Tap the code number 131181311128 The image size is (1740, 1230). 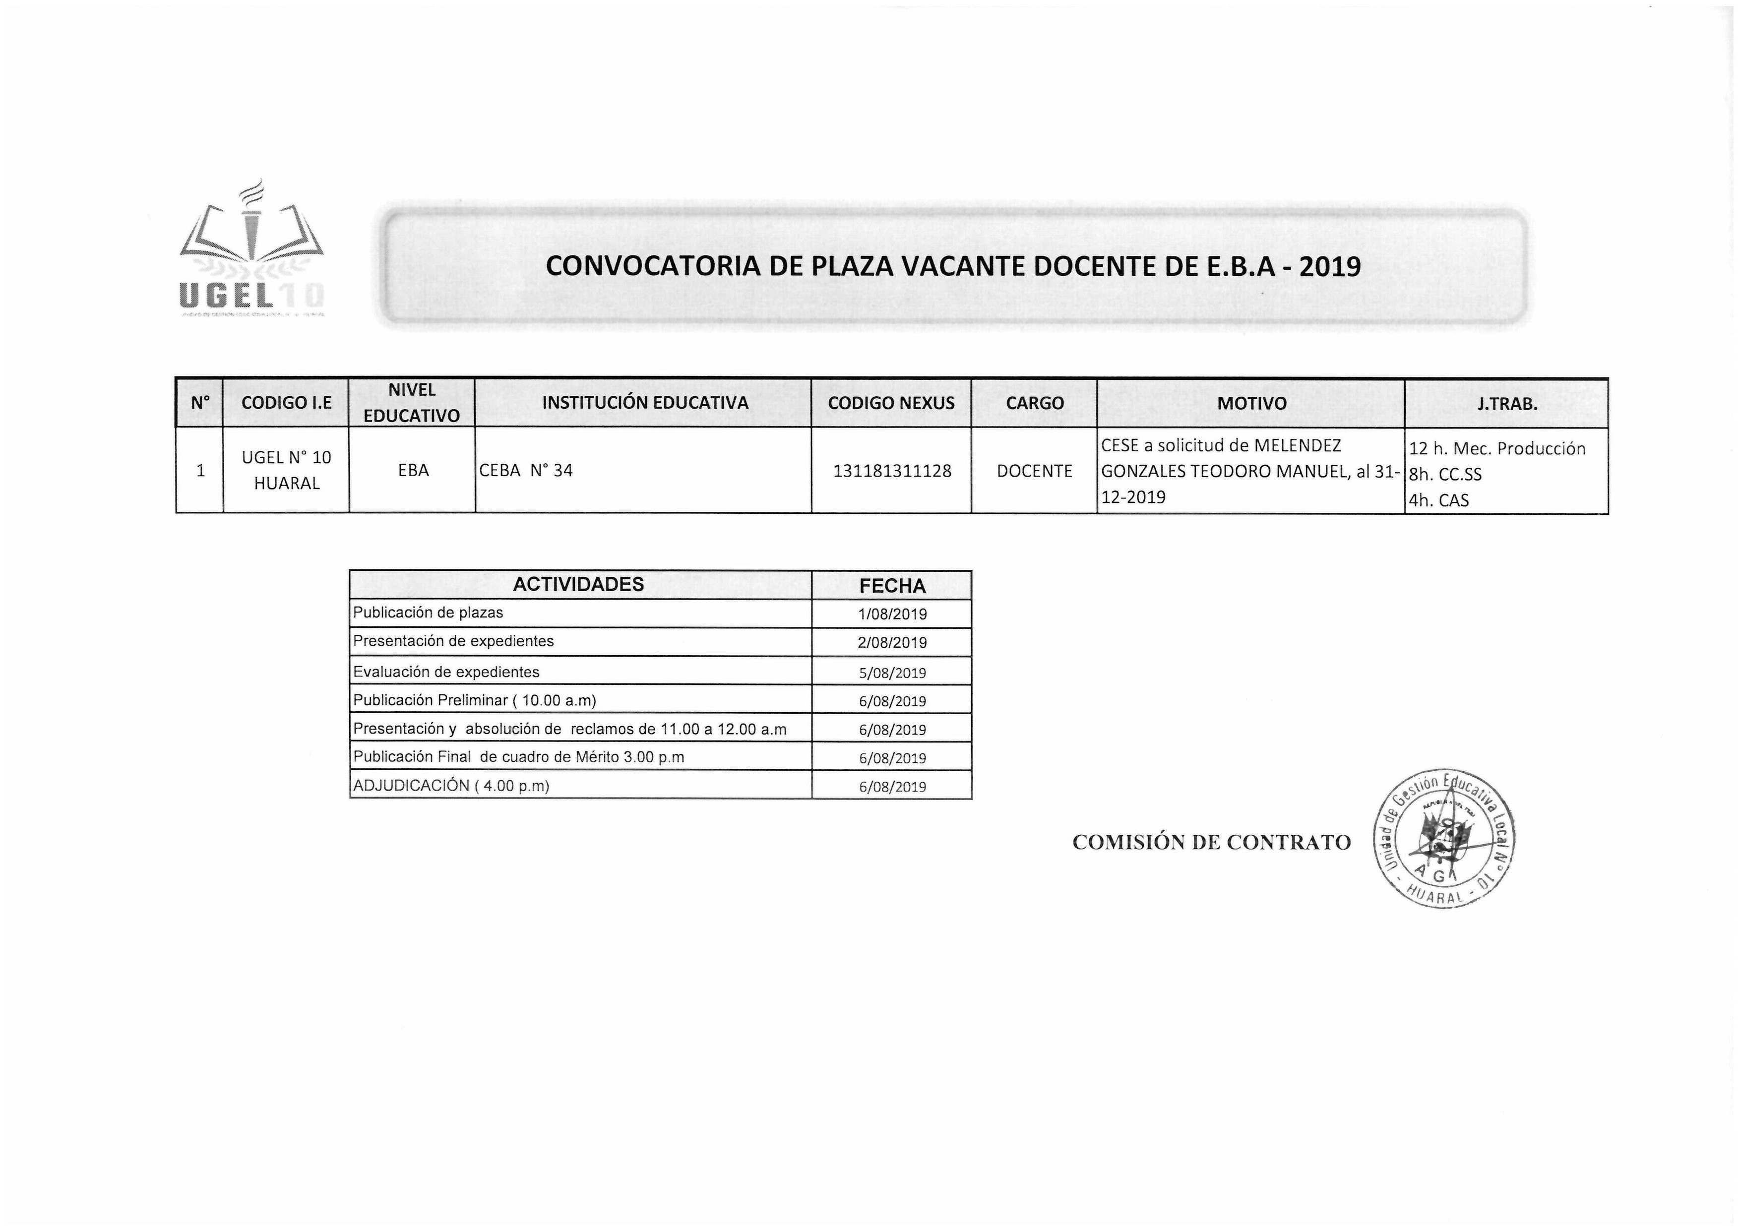point(892,471)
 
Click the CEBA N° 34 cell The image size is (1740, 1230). point(526,471)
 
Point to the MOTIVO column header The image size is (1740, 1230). point(1251,403)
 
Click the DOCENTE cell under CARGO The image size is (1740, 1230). point(1035,471)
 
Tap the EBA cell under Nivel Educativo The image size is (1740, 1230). point(413,471)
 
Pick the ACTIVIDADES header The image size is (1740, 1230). point(578,584)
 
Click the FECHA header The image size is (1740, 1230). point(892,586)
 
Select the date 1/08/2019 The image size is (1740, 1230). point(892,614)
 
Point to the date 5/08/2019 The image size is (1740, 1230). point(892,672)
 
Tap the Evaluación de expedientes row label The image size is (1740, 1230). point(446,672)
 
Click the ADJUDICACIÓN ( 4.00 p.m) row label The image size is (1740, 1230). point(451,785)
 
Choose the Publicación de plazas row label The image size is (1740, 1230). point(428,613)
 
